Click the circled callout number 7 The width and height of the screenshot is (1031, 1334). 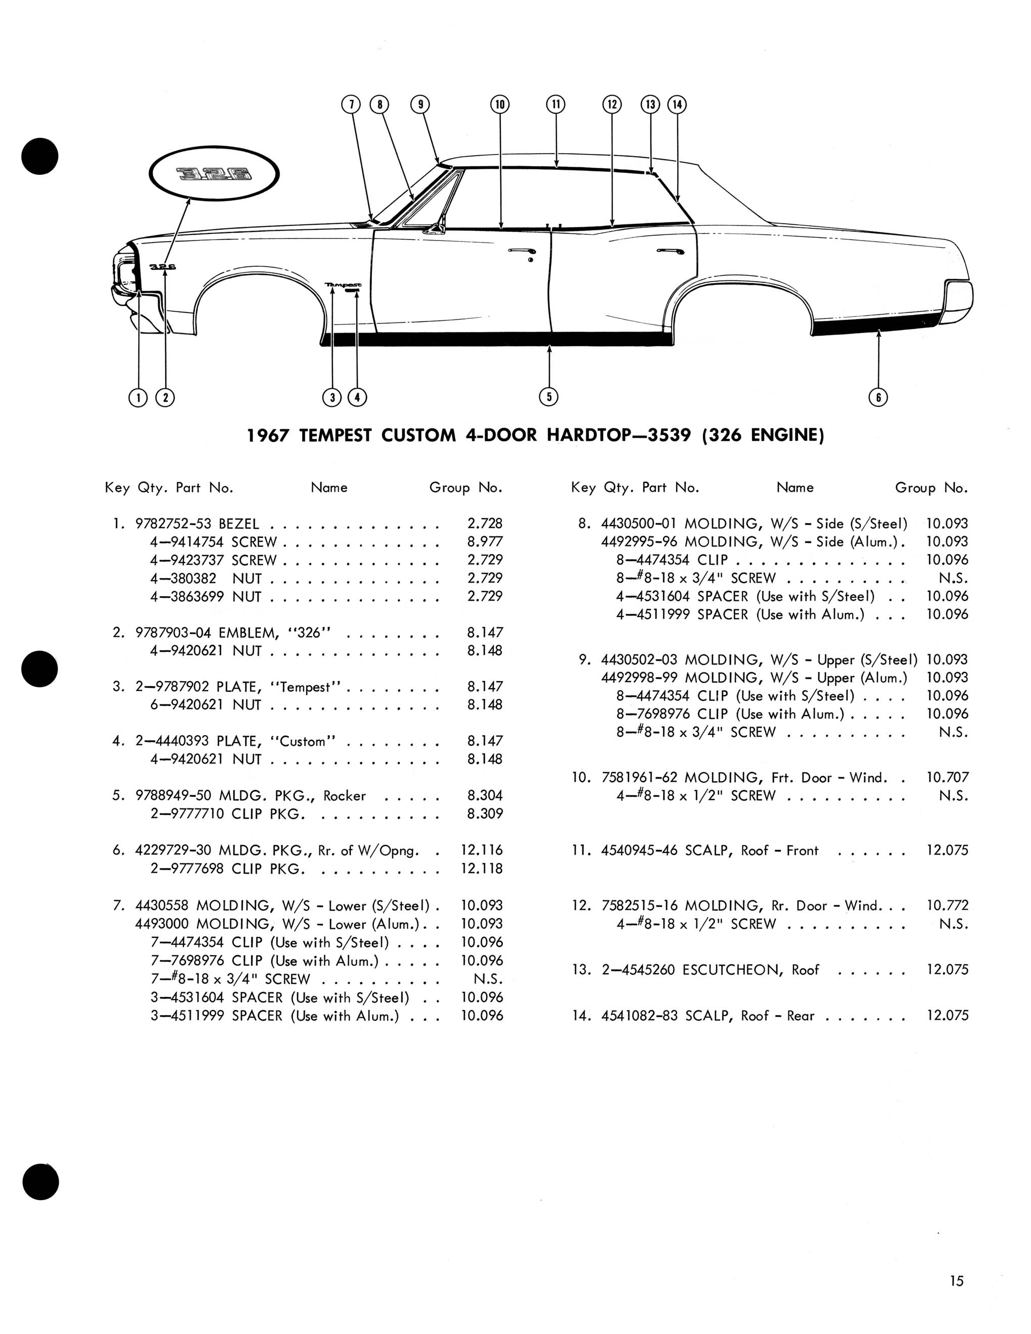click(x=351, y=105)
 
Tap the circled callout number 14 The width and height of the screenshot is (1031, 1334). click(x=677, y=105)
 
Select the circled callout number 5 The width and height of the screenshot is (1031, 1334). click(x=548, y=397)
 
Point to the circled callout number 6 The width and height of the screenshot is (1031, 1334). click(x=878, y=398)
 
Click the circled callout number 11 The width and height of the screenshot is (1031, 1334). click(x=555, y=105)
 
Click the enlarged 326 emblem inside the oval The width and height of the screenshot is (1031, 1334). click(x=214, y=175)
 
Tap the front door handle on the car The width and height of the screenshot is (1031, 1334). click(x=521, y=251)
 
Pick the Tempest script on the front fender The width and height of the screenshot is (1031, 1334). click(x=343, y=284)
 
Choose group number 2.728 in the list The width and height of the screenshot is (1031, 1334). click(x=485, y=523)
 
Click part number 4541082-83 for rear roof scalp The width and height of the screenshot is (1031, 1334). click(x=639, y=1016)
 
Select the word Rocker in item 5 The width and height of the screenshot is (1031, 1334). click(x=345, y=796)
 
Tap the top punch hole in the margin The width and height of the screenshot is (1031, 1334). click(x=40, y=156)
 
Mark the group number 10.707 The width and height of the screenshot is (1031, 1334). click(x=947, y=778)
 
